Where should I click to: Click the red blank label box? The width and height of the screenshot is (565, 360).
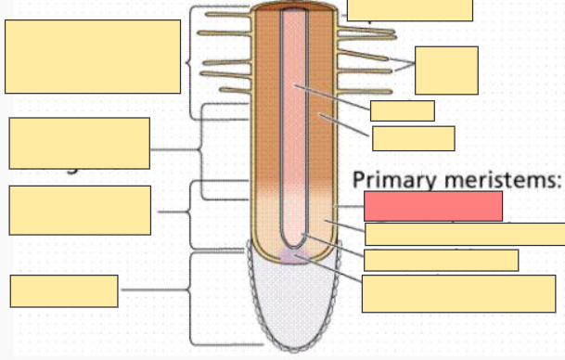coord(433,206)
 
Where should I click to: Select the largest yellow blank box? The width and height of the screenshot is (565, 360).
coord(93,57)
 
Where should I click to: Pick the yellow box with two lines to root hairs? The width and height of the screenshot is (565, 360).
coord(446,70)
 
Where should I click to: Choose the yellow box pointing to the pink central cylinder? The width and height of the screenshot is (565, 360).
coord(402,110)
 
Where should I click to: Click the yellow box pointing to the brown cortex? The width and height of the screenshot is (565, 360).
coord(413,138)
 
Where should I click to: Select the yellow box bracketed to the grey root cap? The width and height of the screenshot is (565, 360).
coord(64,290)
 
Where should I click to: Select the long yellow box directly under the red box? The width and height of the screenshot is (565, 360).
coord(464,234)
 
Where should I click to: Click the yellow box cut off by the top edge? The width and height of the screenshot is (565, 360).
coord(409,10)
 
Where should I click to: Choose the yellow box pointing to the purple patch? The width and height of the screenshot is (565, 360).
coord(458,293)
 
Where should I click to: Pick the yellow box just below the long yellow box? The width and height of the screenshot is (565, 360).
coord(441,260)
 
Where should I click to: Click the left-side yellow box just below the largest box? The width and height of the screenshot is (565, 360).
coord(80,143)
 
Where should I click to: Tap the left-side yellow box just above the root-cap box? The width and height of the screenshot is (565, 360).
coord(80,210)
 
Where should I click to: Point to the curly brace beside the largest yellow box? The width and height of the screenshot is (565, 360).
coord(191,63)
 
